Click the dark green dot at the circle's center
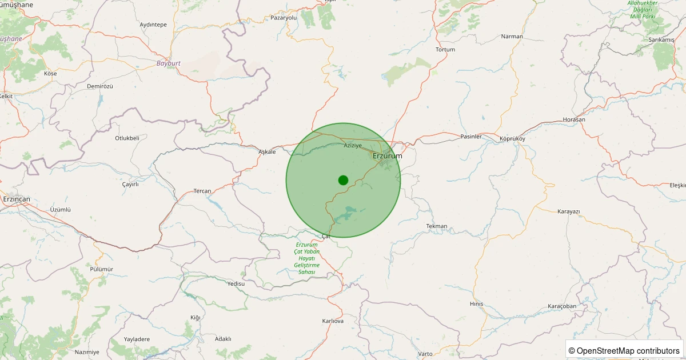343,180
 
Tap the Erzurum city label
387,156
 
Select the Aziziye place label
353,145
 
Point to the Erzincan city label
17,199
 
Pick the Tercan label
202,191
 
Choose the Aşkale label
267,151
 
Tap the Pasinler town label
472,137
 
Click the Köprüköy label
512,139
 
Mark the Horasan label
574,119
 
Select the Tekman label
437,226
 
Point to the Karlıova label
333,321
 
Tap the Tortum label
445,50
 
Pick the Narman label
512,37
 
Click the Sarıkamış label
661,40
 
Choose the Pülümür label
102,269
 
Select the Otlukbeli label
127,138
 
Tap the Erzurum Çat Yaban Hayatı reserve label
306,258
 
